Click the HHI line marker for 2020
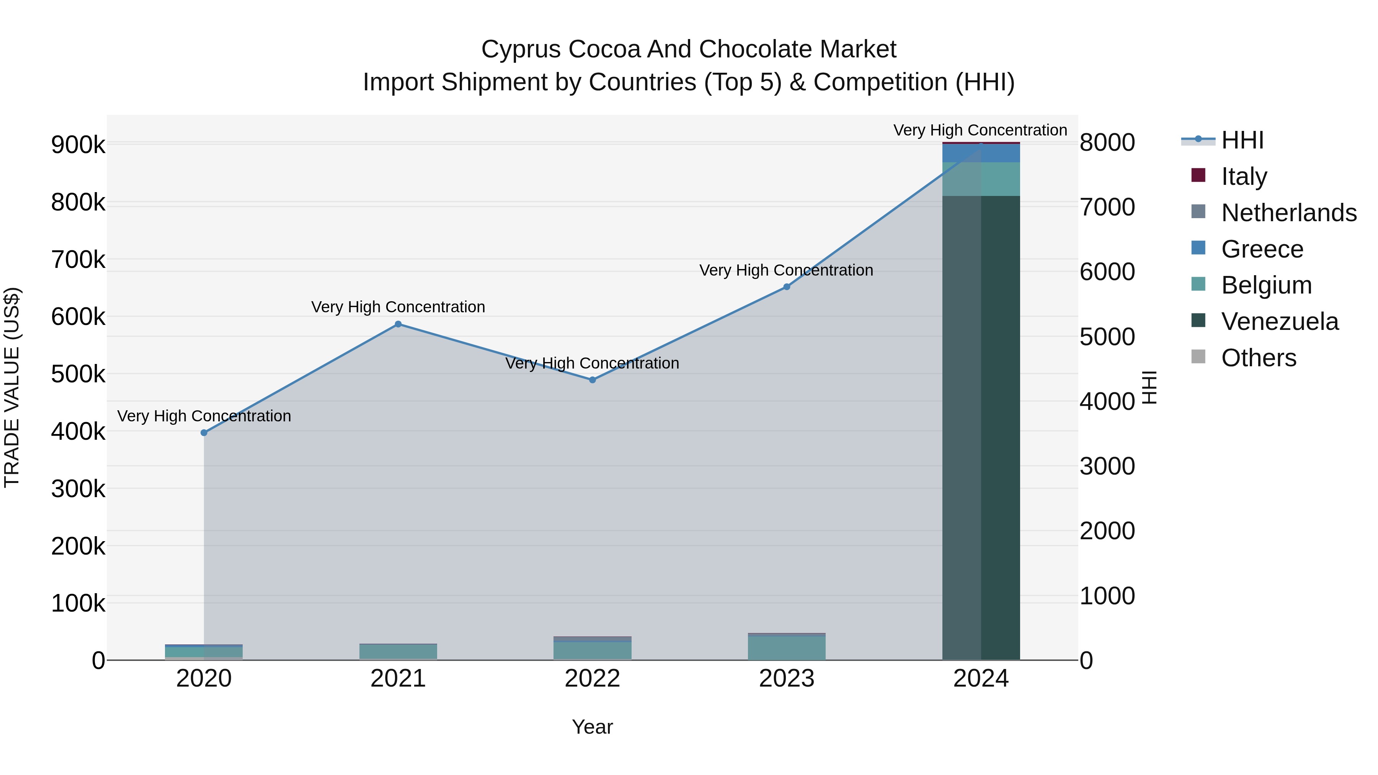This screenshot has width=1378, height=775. pos(204,433)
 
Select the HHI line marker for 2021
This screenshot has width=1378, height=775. pos(398,324)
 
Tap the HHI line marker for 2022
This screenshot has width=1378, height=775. pos(592,380)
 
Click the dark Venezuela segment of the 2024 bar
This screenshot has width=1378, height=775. pos(981,428)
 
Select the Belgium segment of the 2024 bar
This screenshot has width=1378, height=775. pos(981,179)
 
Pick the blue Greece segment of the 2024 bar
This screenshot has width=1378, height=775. pos(981,153)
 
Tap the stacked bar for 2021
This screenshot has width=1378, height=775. pos(398,652)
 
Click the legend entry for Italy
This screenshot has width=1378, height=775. pos(1244,176)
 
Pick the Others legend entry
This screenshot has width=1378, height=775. pos(1258,358)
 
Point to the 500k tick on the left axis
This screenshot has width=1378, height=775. pos(78,374)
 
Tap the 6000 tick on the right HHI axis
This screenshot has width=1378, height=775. pos(1107,272)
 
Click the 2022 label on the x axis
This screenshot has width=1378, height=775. pos(592,679)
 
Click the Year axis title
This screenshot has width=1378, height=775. pos(592,727)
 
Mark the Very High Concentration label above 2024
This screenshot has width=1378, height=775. pos(980,130)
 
